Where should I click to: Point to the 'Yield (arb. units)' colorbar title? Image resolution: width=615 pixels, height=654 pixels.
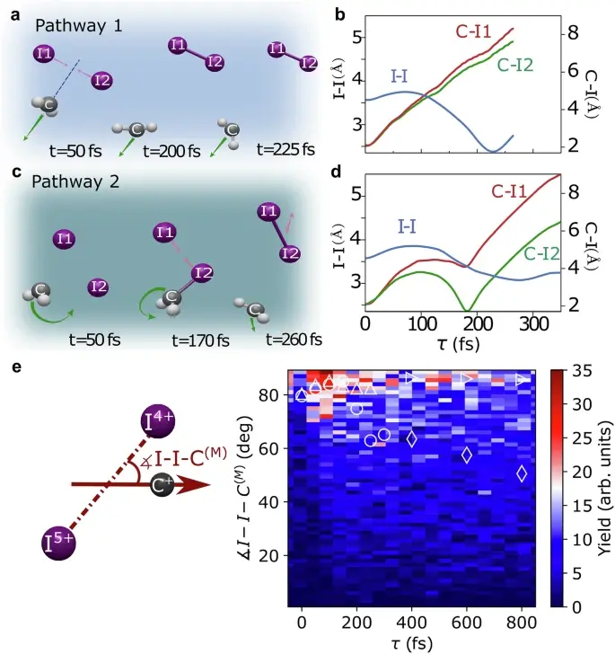click(x=603, y=489)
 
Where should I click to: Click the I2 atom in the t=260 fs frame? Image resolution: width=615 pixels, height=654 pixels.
click(x=287, y=252)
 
